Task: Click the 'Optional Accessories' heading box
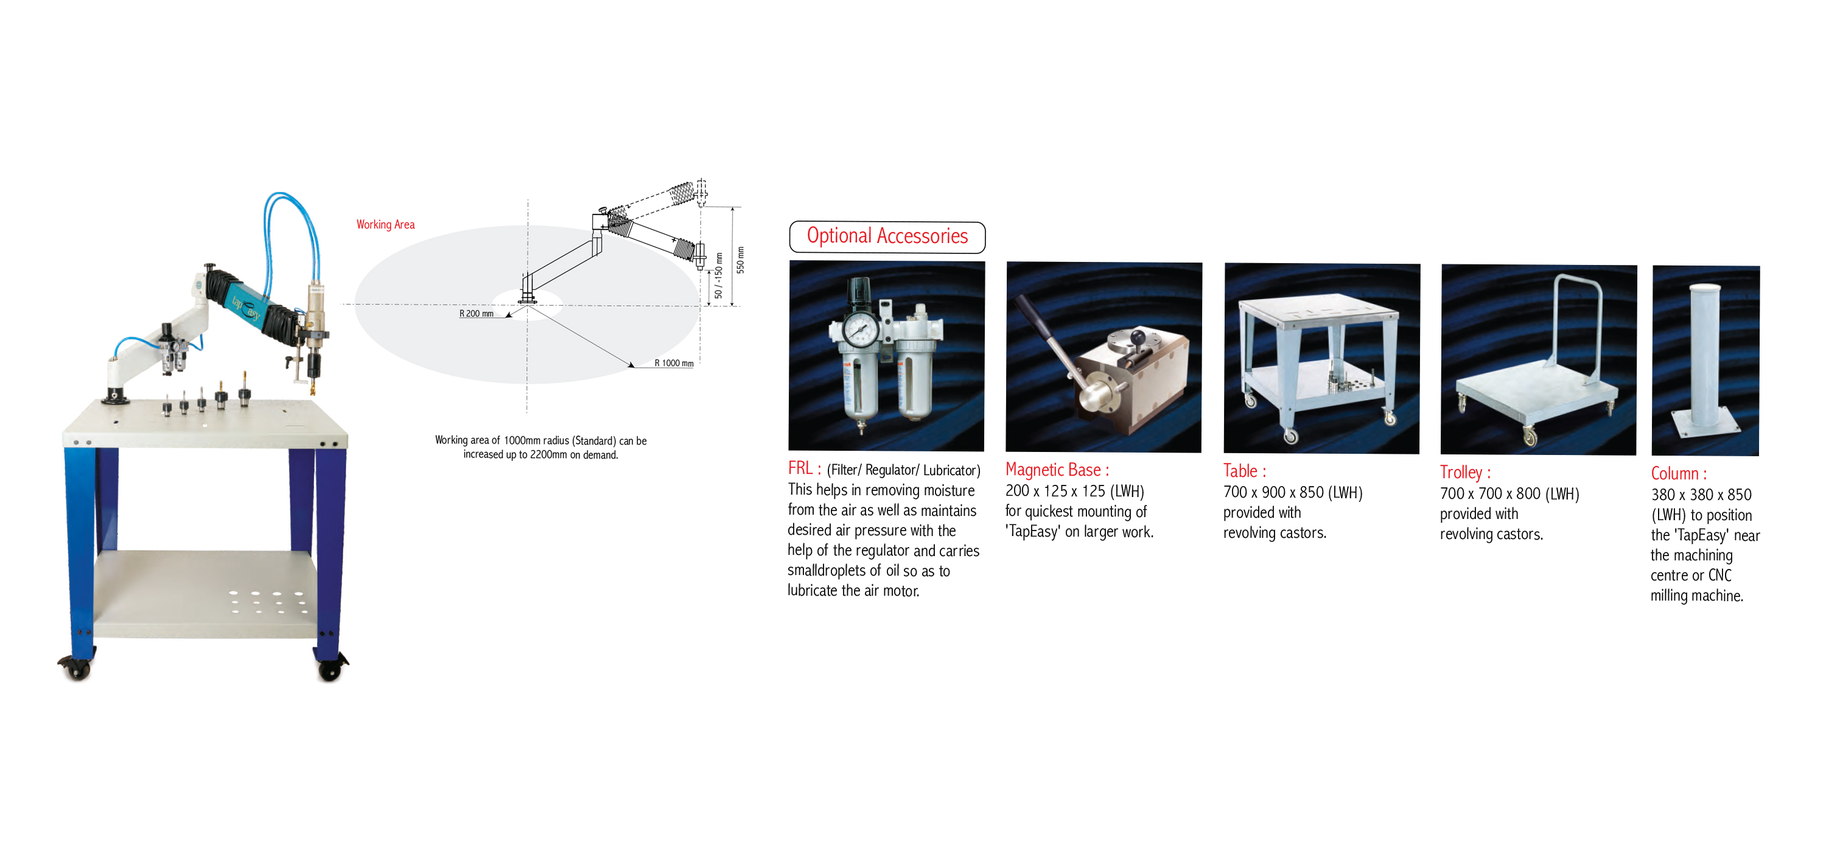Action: pyautogui.click(x=887, y=237)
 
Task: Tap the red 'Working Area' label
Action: pyautogui.click(x=386, y=224)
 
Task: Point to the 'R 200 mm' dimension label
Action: pyautogui.click(x=477, y=314)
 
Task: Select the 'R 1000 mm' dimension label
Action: pyautogui.click(x=673, y=363)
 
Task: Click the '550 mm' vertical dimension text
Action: pyautogui.click(x=741, y=259)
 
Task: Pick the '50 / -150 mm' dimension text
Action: pyautogui.click(x=718, y=275)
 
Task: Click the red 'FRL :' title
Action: pyautogui.click(x=804, y=468)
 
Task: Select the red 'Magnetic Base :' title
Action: pyautogui.click(x=1057, y=470)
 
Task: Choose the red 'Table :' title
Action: pyautogui.click(x=1244, y=471)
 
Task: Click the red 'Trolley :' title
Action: pyautogui.click(x=1464, y=473)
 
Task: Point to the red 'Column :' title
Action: pyautogui.click(x=1679, y=474)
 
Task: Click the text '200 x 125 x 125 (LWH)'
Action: pyautogui.click(x=1075, y=491)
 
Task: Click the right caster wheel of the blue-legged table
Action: pyautogui.click(x=330, y=668)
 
